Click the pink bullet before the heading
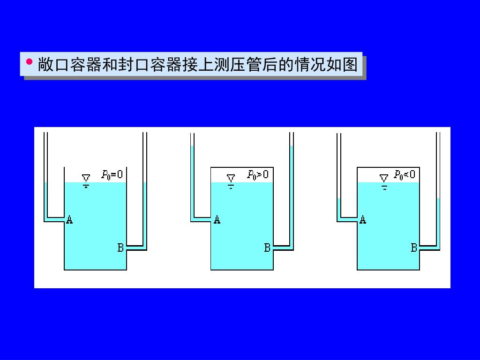pos(29,61)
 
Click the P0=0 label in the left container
pos(112,175)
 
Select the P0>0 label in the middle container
pos(258,175)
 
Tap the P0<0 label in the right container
pos(405,175)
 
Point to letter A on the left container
pos(69,219)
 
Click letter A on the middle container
pos(217,219)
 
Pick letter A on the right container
pos(363,219)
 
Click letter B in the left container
pos(120,247)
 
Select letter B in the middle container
pos(267,247)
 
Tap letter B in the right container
pos(414,247)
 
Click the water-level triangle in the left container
pos(86,179)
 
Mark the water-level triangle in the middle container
pos(231,179)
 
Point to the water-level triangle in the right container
pos(384,179)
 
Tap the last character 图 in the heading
pos(350,64)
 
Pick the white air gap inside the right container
pos(370,175)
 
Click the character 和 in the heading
pos(109,64)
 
